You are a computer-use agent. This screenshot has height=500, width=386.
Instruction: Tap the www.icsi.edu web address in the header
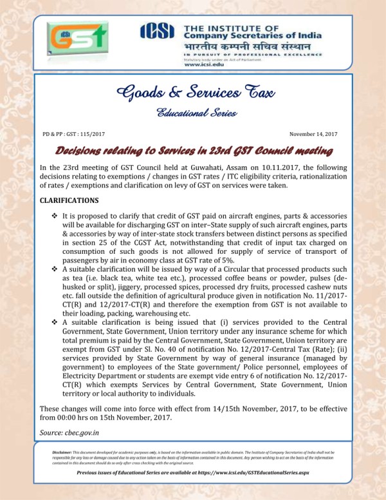point(207,64)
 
